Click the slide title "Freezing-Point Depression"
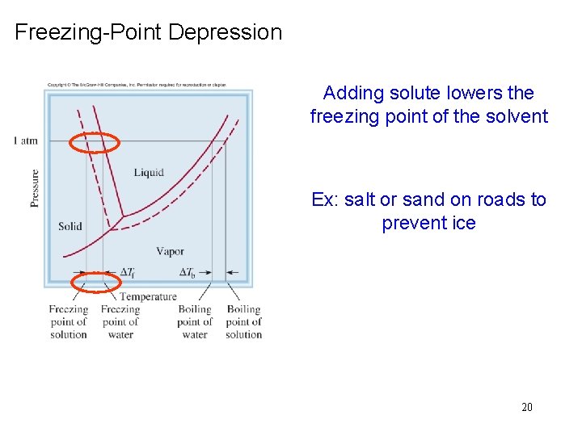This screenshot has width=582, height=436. (149, 32)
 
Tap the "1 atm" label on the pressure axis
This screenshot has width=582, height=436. (26, 141)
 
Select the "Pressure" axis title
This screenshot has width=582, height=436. (35, 187)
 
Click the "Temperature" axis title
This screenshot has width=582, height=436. (148, 296)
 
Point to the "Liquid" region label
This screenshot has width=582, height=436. (149, 172)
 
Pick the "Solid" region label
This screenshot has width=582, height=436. (70, 226)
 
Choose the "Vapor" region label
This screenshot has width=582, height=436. (170, 251)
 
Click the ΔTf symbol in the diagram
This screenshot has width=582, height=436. (128, 273)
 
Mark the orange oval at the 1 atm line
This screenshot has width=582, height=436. (95, 144)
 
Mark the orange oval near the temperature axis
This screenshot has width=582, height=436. (96, 282)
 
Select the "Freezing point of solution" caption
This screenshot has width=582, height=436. (69, 321)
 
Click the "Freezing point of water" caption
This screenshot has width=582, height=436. (120, 321)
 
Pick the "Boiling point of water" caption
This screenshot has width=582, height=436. (194, 321)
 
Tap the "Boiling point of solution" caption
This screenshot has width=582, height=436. (243, 321)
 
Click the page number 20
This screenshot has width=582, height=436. (526, 407)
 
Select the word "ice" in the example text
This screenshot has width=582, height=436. (463, 222)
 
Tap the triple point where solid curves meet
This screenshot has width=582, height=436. (121, 216)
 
